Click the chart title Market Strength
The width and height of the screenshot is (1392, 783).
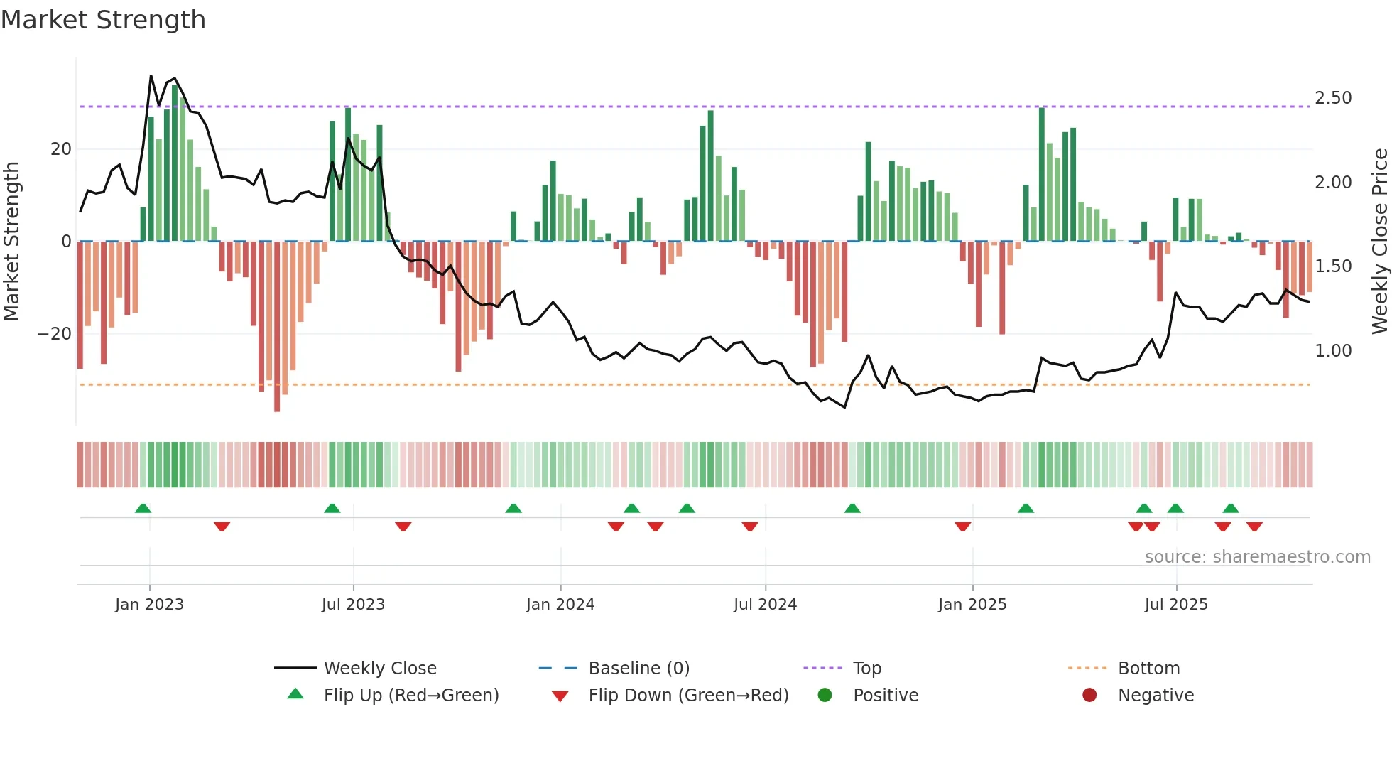pos(104,20)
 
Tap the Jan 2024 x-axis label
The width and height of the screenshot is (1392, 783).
pos(560,605)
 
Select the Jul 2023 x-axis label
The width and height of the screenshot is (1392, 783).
pos(353,605)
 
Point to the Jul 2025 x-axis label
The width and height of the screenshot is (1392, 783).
pos(1176,605)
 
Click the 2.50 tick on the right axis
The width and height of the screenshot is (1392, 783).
pos(1333,98)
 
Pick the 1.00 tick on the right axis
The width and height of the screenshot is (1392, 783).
pos(1333,351)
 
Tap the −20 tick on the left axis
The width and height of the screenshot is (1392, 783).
pos(55,334)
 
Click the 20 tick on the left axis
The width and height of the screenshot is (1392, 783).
pos(61,149)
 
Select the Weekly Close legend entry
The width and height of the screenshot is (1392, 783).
pos(380,669)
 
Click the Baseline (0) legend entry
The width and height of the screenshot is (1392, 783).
pos(638,669)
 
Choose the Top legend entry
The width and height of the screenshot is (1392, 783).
pos(866,669)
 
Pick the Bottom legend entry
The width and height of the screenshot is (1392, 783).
pos(1148,669)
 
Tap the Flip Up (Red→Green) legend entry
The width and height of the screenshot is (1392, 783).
pos(411,696)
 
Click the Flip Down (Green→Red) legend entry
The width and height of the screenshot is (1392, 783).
pos(688,696)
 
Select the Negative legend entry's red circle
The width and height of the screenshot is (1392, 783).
pos(1089,695)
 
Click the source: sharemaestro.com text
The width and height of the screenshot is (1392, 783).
pos(1257,557)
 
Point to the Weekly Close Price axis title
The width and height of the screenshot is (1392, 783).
pos(1379,242)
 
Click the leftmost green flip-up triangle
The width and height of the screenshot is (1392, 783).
pos(143,508)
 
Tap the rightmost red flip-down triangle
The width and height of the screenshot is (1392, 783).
pos(1254,526)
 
